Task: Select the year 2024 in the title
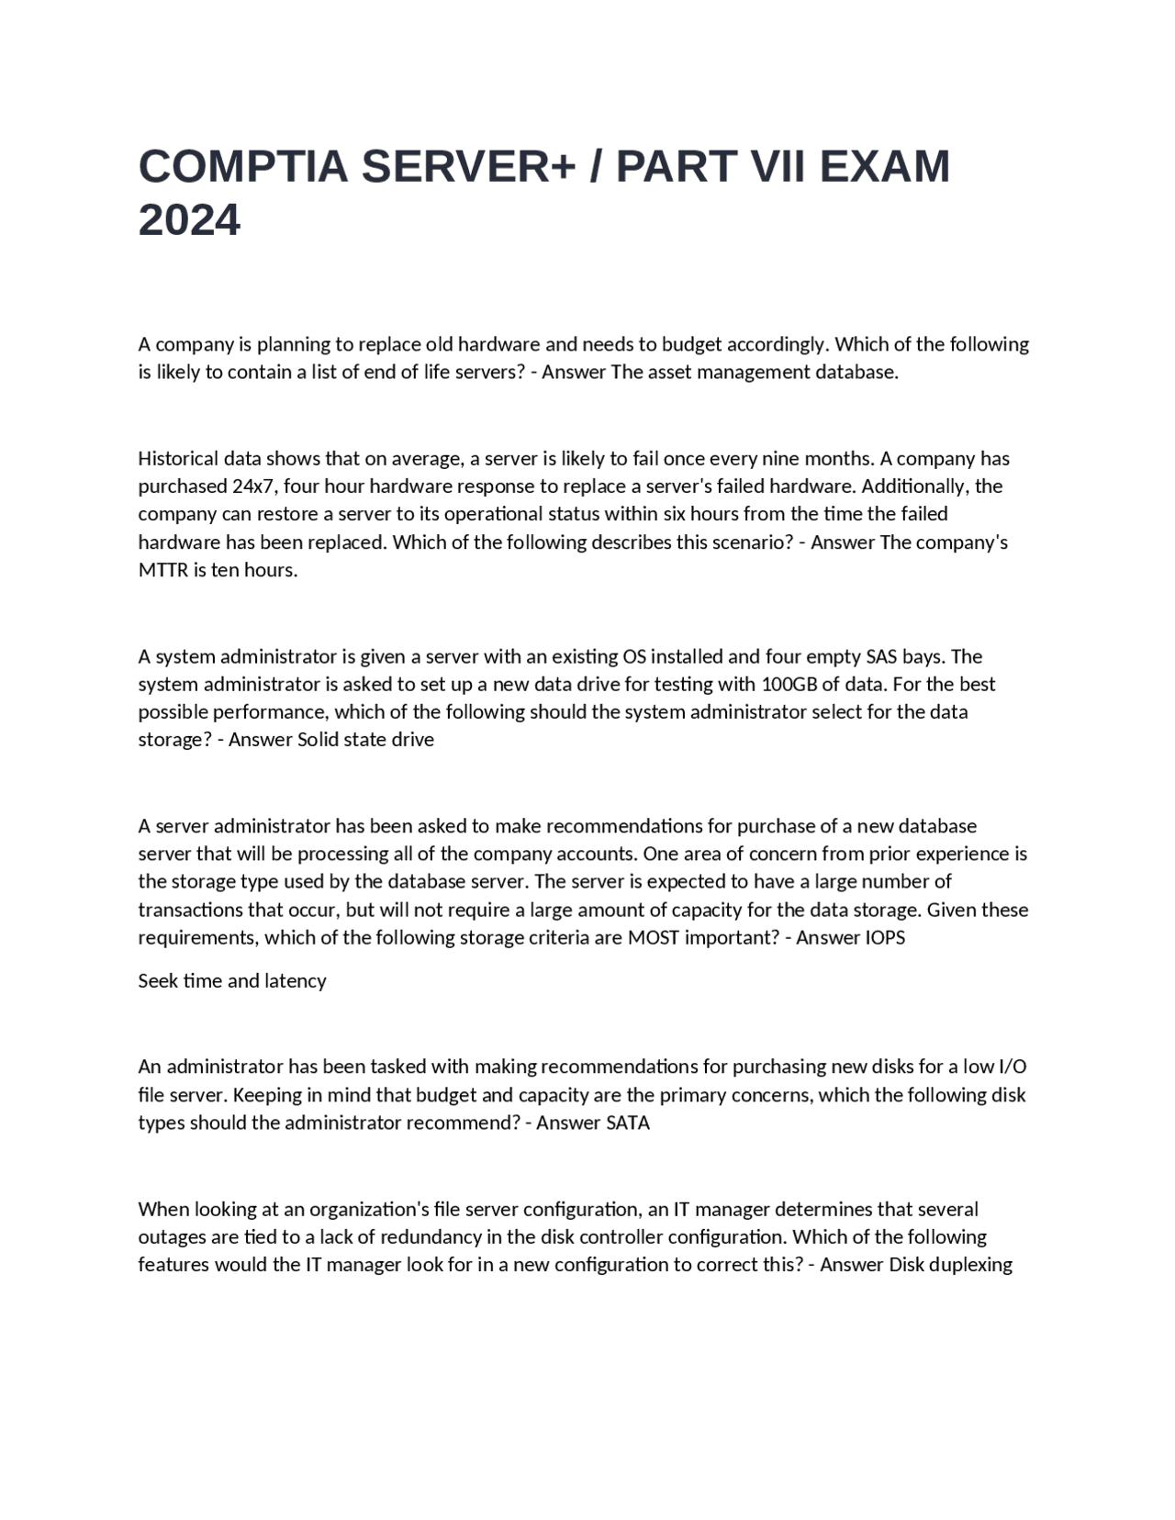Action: click(x=189, y=220)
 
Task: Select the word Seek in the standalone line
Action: click(x=158, y=981)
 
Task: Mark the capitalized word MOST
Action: click(x=652, y=937)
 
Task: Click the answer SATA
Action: click(x=628, y=1123)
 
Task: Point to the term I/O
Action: click(x=1012, y=1067)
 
